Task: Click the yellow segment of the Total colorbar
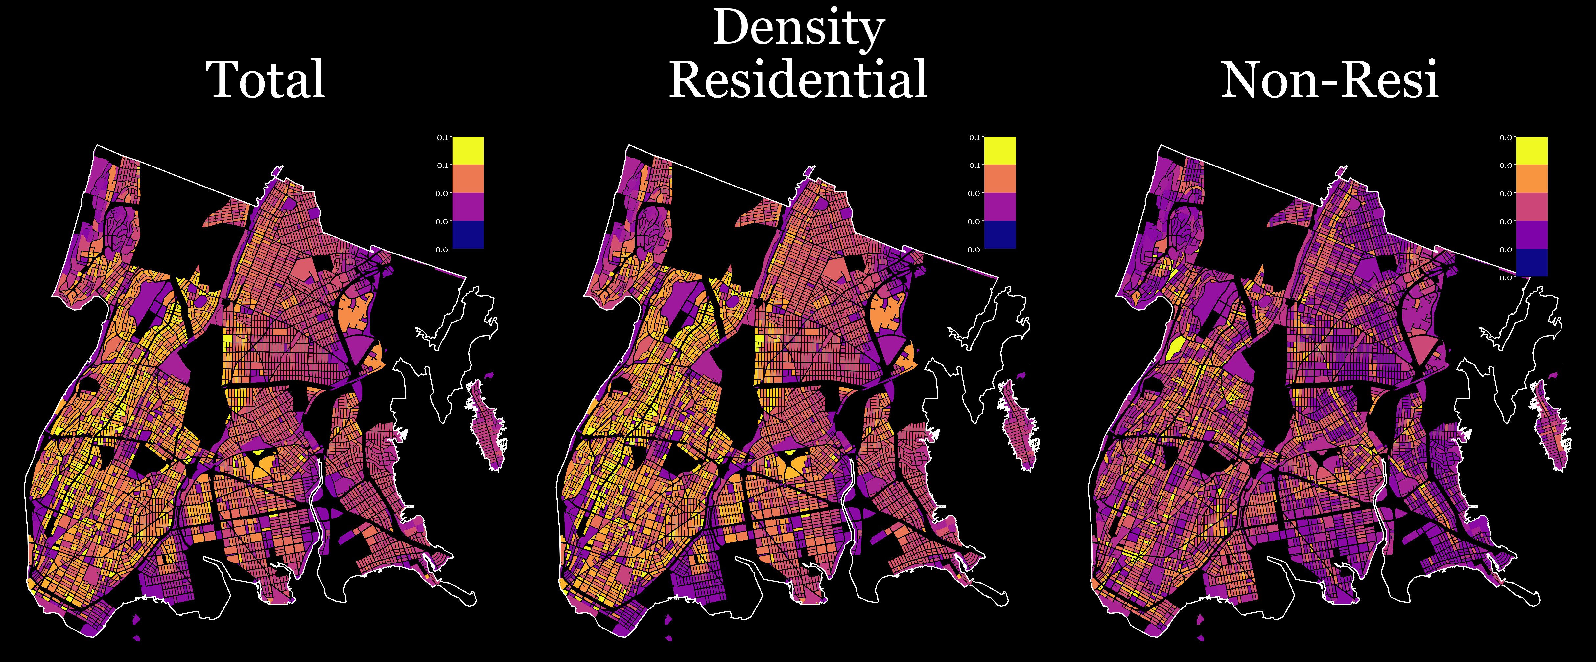(x=468, y=150)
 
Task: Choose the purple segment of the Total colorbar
(x=468, y=207)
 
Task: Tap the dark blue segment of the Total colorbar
(x=468, y=235)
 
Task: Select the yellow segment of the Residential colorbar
(x=1000, y=150)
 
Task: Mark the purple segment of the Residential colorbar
(x=1000, y=207)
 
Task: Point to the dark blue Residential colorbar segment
(x=1000, y=235)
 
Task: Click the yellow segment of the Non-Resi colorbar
(x=1532, y=150)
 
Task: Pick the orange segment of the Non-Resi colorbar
(x=1532, y=178)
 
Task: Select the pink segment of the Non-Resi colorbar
(x=1532, y=207)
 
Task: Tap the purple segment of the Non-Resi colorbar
(x=1532, y=235)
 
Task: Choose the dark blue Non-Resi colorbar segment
(x=1532, y=263)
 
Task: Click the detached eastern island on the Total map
(x=488, y=427)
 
